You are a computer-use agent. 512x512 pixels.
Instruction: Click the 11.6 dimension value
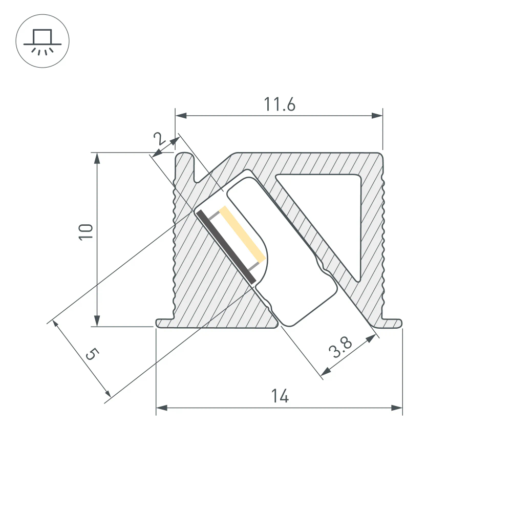coord(280,104)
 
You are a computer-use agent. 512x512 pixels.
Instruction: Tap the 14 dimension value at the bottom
coord(280,396)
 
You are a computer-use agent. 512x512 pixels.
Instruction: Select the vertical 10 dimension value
coord(86,231)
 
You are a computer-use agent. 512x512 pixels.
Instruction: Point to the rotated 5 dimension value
coord(91,354)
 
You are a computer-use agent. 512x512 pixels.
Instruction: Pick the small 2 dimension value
coord(158,138)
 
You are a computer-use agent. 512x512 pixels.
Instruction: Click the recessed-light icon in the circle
coord(43,41)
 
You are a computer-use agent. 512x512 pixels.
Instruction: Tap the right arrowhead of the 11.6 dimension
coord(378,116)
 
